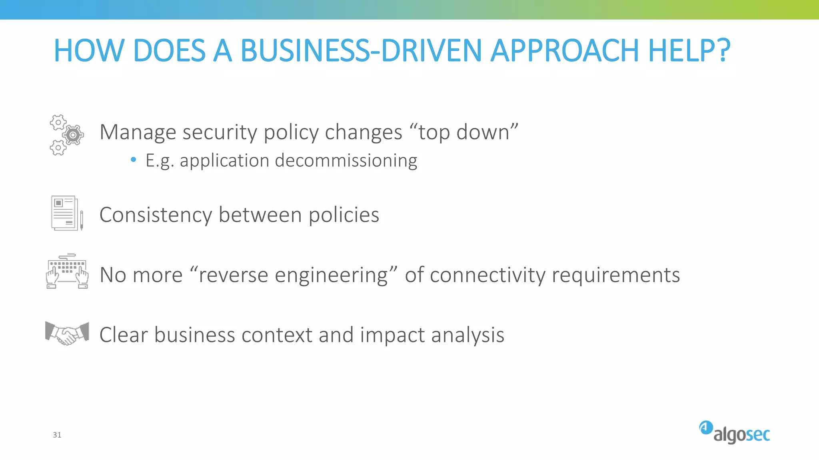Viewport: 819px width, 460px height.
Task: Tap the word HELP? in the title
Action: [x=689, y=51]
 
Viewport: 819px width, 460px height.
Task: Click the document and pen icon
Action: [x=67, y=213]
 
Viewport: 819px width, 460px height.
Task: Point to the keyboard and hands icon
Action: [x=67, y=271]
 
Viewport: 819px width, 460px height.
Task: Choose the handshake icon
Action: [x=67, y=333]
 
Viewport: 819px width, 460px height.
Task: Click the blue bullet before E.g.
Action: [x=134, y=160]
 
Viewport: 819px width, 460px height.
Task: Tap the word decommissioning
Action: [x=346, y=161]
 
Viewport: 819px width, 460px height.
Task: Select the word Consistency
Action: [x=156, y=215]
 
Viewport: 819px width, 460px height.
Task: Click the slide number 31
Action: [x=57, y=435]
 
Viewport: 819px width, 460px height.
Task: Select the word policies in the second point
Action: [x=344, y=215]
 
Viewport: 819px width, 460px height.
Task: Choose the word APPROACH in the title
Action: [x=564, y=51]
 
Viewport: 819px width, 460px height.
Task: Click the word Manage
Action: [x=138, y=132]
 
